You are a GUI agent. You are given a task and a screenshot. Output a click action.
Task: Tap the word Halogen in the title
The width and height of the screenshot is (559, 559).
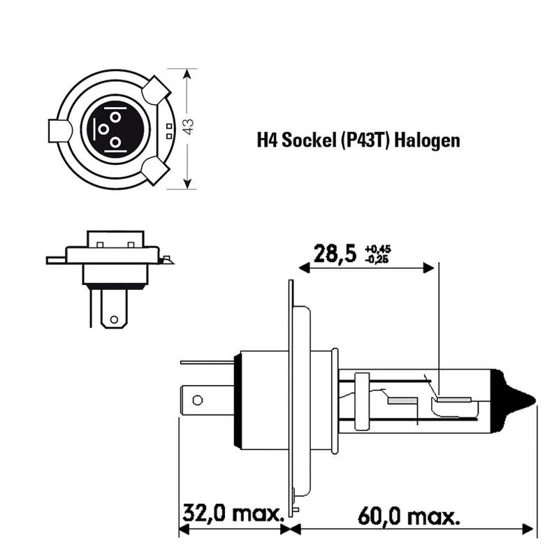[427, 141]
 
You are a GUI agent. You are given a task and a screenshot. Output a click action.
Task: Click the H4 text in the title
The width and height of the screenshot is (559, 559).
[267, 140]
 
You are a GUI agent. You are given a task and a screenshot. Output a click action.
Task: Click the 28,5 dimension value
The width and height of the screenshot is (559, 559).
[335, 254]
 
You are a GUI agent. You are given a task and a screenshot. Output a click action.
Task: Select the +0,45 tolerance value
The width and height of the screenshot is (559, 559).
[378, 249]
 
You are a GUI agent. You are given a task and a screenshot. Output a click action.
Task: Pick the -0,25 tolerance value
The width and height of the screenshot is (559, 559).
[377, 259]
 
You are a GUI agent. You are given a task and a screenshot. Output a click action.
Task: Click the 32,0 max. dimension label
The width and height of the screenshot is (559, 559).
[233, 514]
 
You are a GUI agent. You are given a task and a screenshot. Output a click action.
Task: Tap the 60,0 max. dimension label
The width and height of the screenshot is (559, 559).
[409, 516]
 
